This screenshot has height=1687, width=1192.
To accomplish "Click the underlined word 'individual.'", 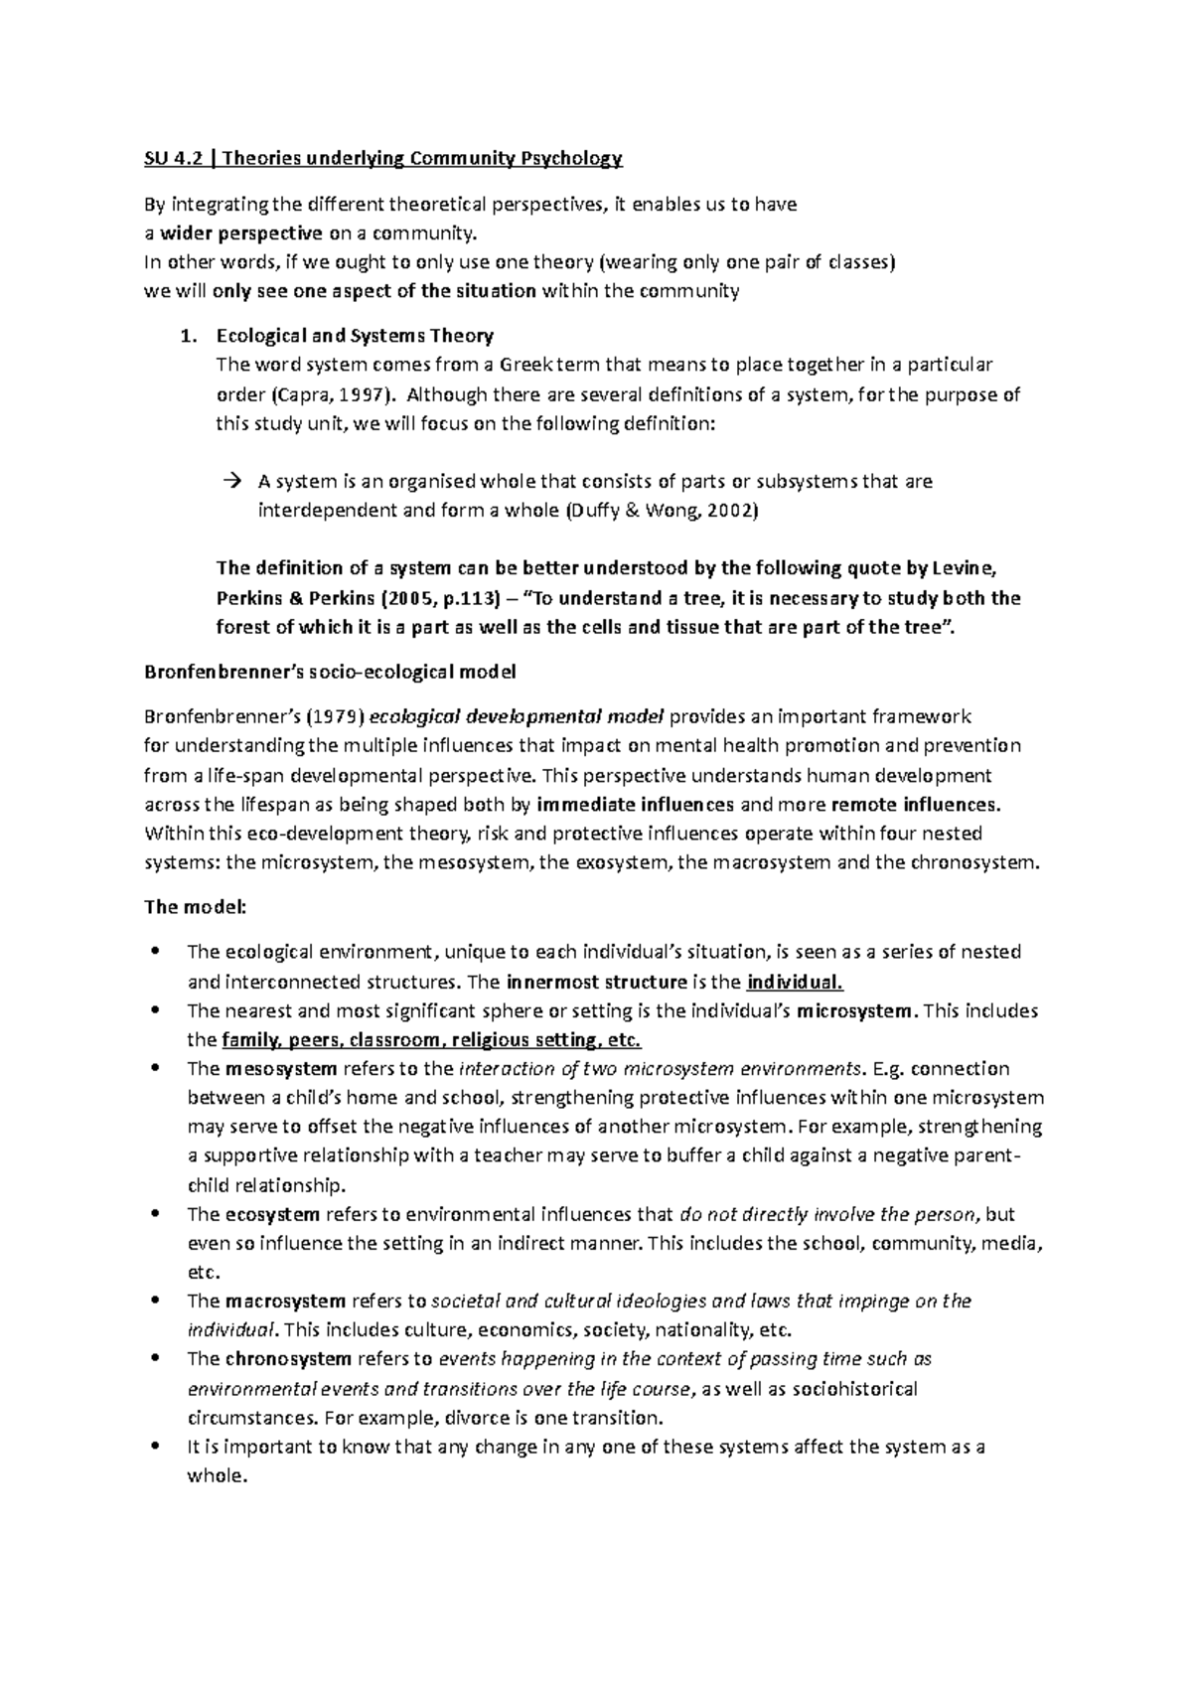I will [x=795, y=983].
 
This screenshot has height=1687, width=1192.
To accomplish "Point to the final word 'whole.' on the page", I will [x=216, y=1475].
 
